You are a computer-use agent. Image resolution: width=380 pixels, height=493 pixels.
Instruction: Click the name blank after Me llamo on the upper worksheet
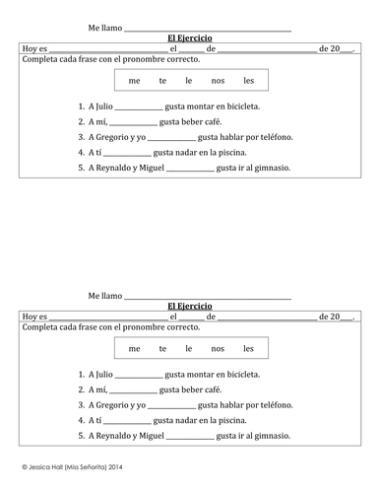(207, 29)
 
